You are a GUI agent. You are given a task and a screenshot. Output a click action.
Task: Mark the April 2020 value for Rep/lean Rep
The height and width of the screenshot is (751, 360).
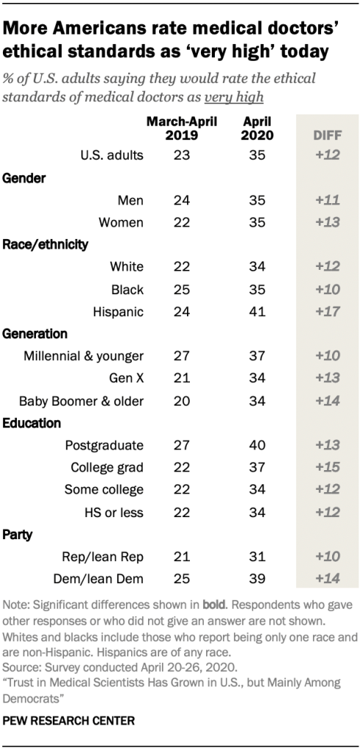(257, 557)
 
